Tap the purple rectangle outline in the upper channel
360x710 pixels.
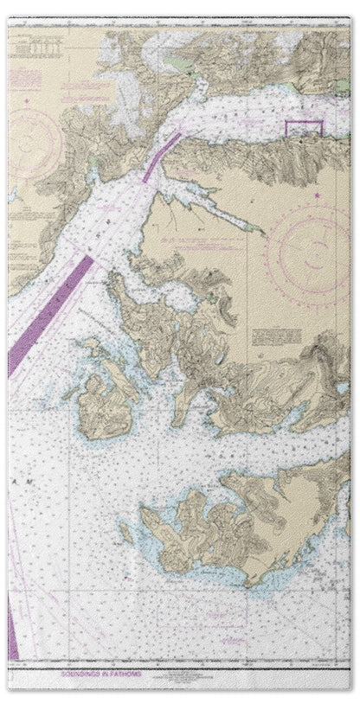click(x=304, y=129)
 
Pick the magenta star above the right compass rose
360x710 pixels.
click(x=317, y=195)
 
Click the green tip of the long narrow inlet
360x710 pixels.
click(x=260, y=229)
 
